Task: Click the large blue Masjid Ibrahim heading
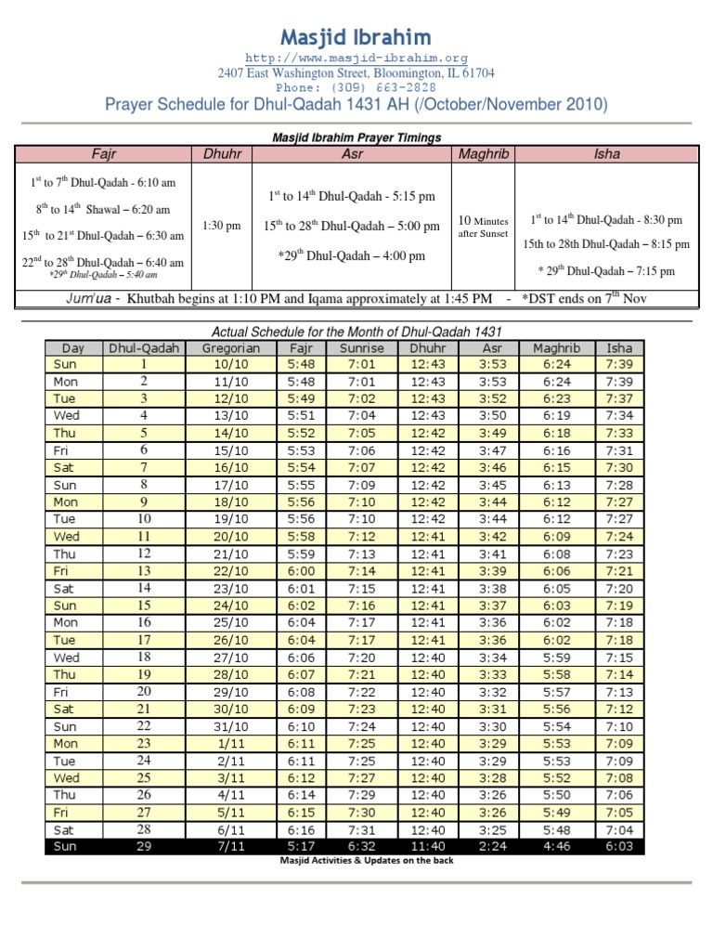(x=356, y=37)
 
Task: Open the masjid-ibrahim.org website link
(x=356, y=58)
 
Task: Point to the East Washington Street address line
(x=356, y=72)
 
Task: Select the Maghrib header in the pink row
(x=484, y=153)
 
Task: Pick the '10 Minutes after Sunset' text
(x=483, y=227)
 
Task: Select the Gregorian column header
(x=225, y=348)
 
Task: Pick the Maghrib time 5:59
(x=557, y=658)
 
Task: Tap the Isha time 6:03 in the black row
(x=620, y=848)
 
